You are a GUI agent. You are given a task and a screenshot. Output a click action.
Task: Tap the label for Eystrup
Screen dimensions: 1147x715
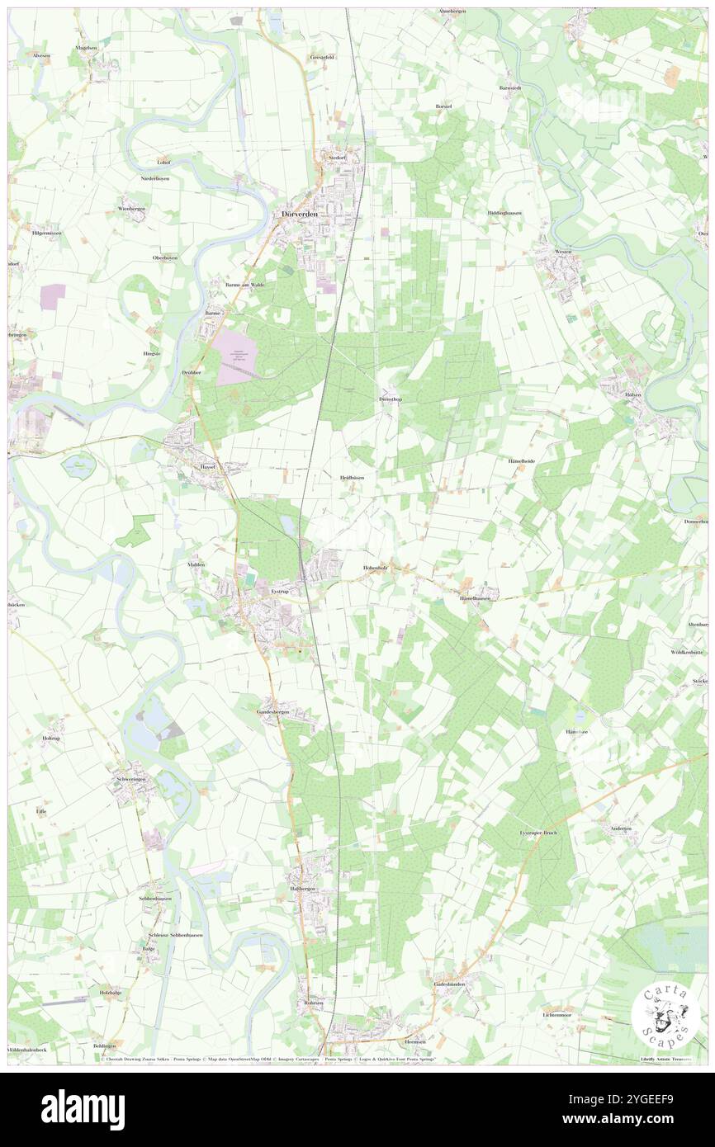[281, 592]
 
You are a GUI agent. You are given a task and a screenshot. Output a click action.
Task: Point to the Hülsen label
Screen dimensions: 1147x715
[632, 395]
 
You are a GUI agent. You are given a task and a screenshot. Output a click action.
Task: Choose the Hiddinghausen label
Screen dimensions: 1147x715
[504, 213]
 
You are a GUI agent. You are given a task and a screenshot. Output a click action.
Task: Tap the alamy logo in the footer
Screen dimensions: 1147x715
[83, 1109]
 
